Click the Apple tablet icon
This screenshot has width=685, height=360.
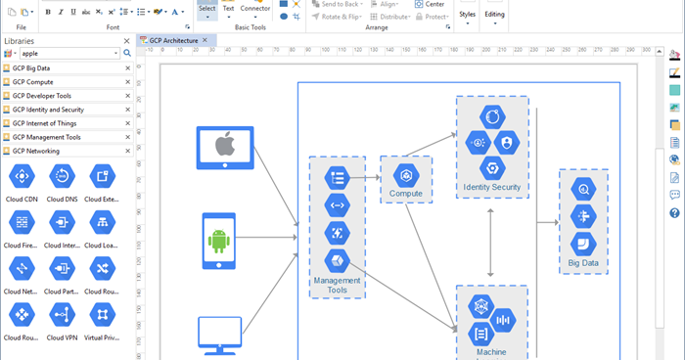pyautogui.click(x=226, y=147)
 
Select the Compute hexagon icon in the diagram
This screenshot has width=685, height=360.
pyautogui.click(x=405, y=175)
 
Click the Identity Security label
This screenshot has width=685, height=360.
pyautogui.click(x=492, y=187)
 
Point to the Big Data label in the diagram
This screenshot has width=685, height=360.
pyautogui.click(x=583, y=262)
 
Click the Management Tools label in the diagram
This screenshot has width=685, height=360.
pyautogui.click(x=337, y=285)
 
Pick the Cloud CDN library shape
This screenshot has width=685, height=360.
pyautogui.click(x=22, y=177)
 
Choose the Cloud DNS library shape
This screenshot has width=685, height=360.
pyautogui.click(x=62, y=177)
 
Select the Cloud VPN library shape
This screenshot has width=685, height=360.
pyautogui.click(x=62, y=315)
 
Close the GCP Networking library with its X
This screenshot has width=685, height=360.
pyautogui.click(x=127, y=151)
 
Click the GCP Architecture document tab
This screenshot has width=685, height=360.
pyautogui.click(x=172, y=40)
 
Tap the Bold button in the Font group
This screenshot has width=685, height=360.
pyautogui.click(x=47, y=12)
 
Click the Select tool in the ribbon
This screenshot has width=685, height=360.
pyautogui.click(x=207, y=10)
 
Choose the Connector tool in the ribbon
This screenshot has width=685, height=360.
pyautogui.click(x=255, y=10)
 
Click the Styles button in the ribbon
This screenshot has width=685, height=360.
pyautogui.click(x=467, y=14)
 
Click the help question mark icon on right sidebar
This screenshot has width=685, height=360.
pyautogui.click(x=674, y=212)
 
